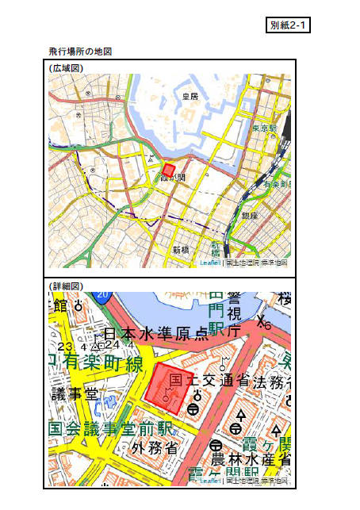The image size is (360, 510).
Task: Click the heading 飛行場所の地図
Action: pos(80,52)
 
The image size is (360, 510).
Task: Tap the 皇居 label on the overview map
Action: pos(190,96)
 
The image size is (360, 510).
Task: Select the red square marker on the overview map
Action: pos(168,170)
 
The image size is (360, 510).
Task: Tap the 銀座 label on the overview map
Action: pos(250,215)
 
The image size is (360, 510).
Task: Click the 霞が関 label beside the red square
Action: pos(174,178)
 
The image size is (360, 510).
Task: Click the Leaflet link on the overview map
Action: pos(210,263)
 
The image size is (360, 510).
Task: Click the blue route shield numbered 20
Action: pos(102,295)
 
